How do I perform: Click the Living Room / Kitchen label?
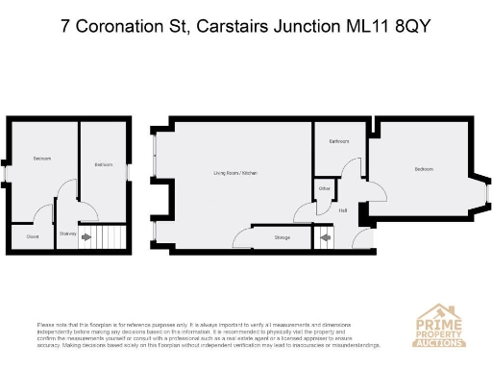coord(236,173)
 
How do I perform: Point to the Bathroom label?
coord(338,141)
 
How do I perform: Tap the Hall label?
coord(343,209)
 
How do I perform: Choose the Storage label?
coord(282,235)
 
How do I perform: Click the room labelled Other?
coord(325,189)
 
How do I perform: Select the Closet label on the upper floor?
coord(32,234)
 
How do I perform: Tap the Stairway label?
coord(68,233)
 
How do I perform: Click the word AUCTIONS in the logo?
coord(439,341)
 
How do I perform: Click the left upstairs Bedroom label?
coord(41,158)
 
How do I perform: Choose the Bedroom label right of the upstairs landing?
coord(104,164)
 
